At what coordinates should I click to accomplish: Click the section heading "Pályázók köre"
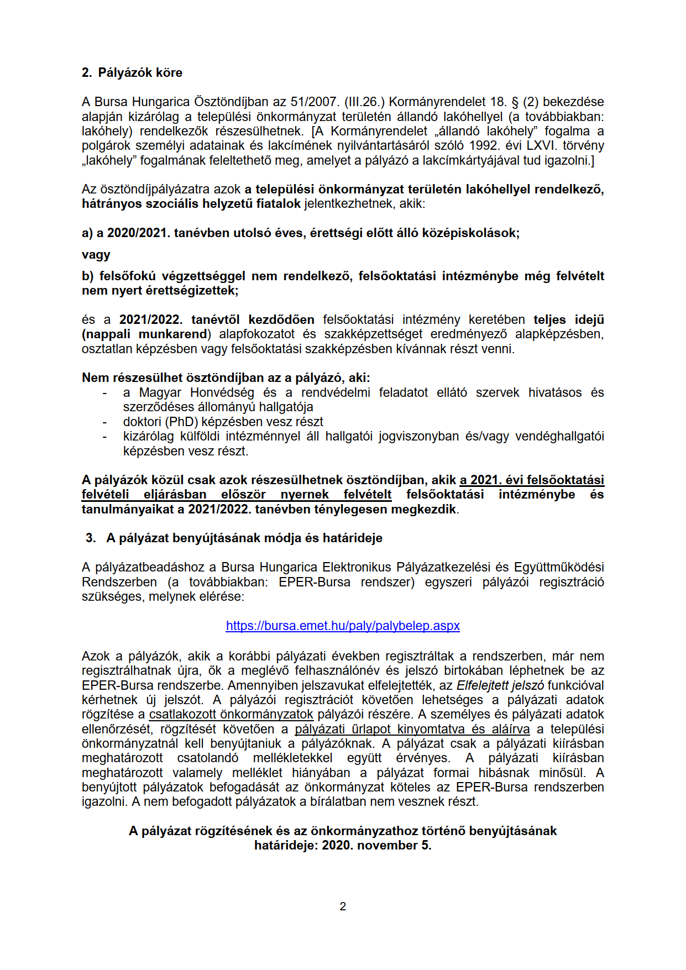pyautogui.click(x=140, y=72)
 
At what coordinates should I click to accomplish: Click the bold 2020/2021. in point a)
pyautogui.click(x=137, y=233)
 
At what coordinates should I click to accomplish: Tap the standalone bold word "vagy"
pyautogui.click(x=96, y=255)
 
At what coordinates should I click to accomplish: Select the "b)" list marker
pyautogui.click(x=88, y=276)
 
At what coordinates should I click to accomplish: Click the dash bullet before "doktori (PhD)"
pyautogui.click(x=104, y=422)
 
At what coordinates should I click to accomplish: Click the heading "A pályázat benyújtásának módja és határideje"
pyautogui.click(x=244, y=538)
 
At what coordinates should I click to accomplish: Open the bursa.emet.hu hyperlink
pyautogui.click(x=343, y=626)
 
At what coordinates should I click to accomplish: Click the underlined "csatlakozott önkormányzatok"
pyautogui.click(x=231, y=714)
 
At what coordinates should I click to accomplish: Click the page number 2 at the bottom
pyautogui.click(x=343, y=906)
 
